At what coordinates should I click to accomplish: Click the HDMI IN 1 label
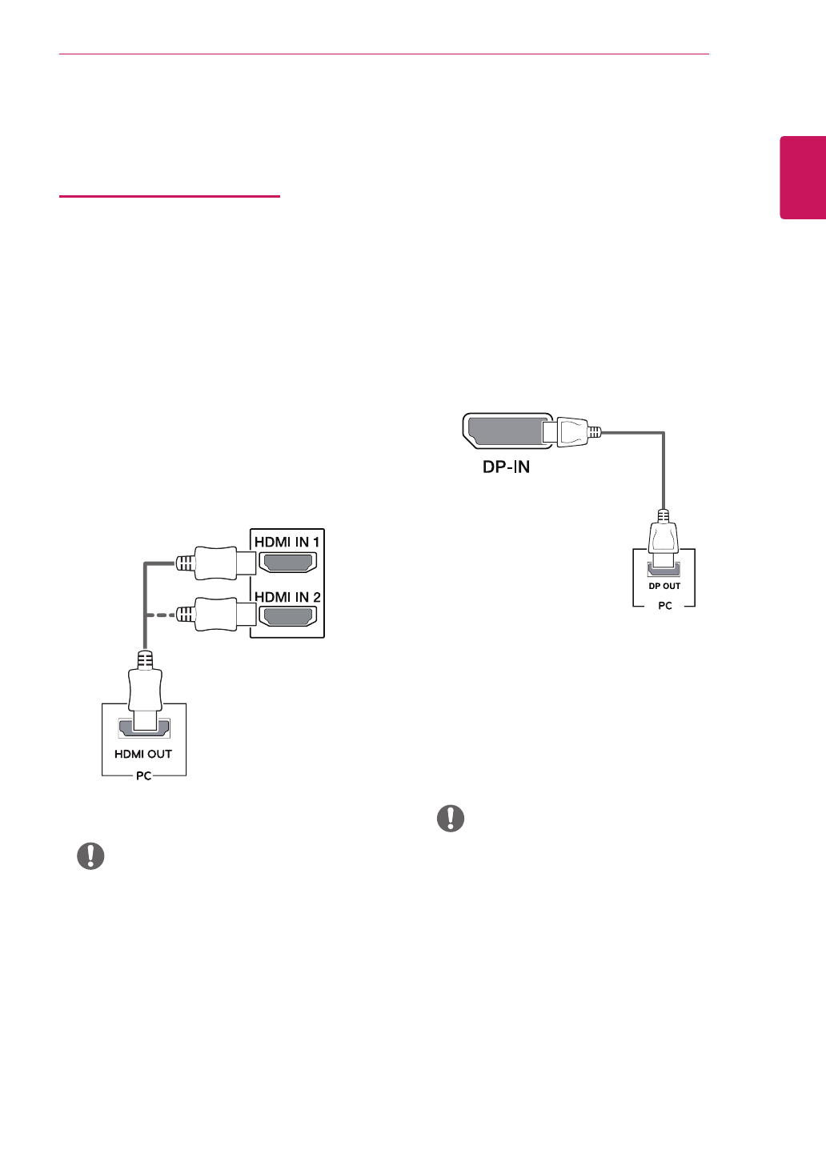coord(287,542)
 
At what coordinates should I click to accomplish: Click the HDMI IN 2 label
coord(287,597)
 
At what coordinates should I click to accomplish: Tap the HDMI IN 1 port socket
coord(287,563)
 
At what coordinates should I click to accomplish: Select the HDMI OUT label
coord(143,754)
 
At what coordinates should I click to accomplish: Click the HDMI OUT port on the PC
coord(144,728)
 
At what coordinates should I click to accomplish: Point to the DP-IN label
coord(506,467)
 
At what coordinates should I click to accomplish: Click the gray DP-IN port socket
coord(504,432)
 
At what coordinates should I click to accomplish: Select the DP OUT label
coord(664,586)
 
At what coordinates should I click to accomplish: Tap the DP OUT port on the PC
coord(664,569)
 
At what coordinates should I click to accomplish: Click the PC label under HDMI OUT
coord(144,775)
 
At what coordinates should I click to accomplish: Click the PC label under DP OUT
coord(665,606)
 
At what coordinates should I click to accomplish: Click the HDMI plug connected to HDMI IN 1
coord(213,563)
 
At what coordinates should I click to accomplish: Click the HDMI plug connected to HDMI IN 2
coord(213,615)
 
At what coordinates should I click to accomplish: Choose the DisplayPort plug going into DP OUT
coord(664,535)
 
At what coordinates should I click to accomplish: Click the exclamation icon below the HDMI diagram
coord(90,855)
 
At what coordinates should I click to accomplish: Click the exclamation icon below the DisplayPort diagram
coord(451,818)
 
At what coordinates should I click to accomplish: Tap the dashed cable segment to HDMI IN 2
coord(160,615)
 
